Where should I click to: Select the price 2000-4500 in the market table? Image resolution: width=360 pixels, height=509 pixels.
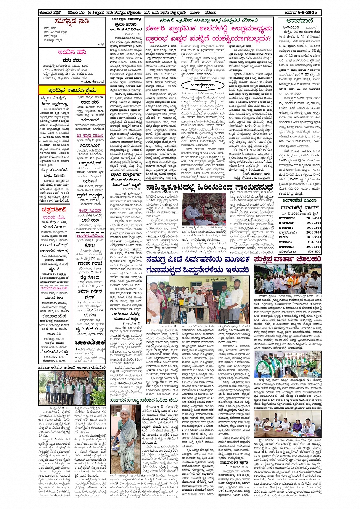[x=314, y=218]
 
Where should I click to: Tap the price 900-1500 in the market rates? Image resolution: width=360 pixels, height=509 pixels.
[x=314, y=242]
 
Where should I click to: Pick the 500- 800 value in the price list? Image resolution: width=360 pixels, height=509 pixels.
[x=314, y=252]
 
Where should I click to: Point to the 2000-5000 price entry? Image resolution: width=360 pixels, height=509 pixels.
[x=314, y=247]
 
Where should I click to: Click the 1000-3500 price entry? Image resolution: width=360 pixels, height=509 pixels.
[x=314, y=237]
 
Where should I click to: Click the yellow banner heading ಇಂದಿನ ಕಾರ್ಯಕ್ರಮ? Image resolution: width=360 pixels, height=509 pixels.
[x=67, y=90]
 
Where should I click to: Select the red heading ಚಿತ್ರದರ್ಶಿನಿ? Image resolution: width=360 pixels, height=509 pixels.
[x=54, y=210]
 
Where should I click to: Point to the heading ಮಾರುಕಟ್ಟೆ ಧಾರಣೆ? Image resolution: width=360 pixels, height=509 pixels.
[x=299, y=208]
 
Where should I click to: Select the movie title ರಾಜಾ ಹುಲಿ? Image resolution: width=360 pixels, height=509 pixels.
[x=90, y=102]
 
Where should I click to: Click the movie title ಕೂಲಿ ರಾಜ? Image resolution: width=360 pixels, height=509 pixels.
[x=90, y=220]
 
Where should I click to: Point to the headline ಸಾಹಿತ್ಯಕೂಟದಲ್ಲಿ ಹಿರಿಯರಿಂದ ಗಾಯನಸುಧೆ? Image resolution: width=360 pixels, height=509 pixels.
[x=209, y=187]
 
